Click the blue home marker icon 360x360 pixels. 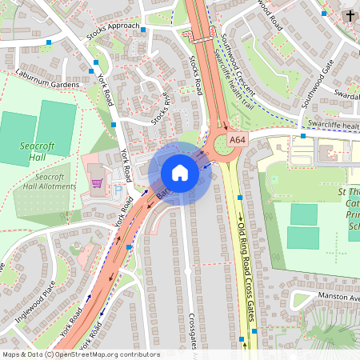[180, 173]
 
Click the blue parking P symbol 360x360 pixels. [118, 192]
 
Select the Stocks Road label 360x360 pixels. [196, 76]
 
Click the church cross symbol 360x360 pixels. [349, 15]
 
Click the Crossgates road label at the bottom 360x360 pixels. [192, 336]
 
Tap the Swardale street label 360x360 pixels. [346, 94]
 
